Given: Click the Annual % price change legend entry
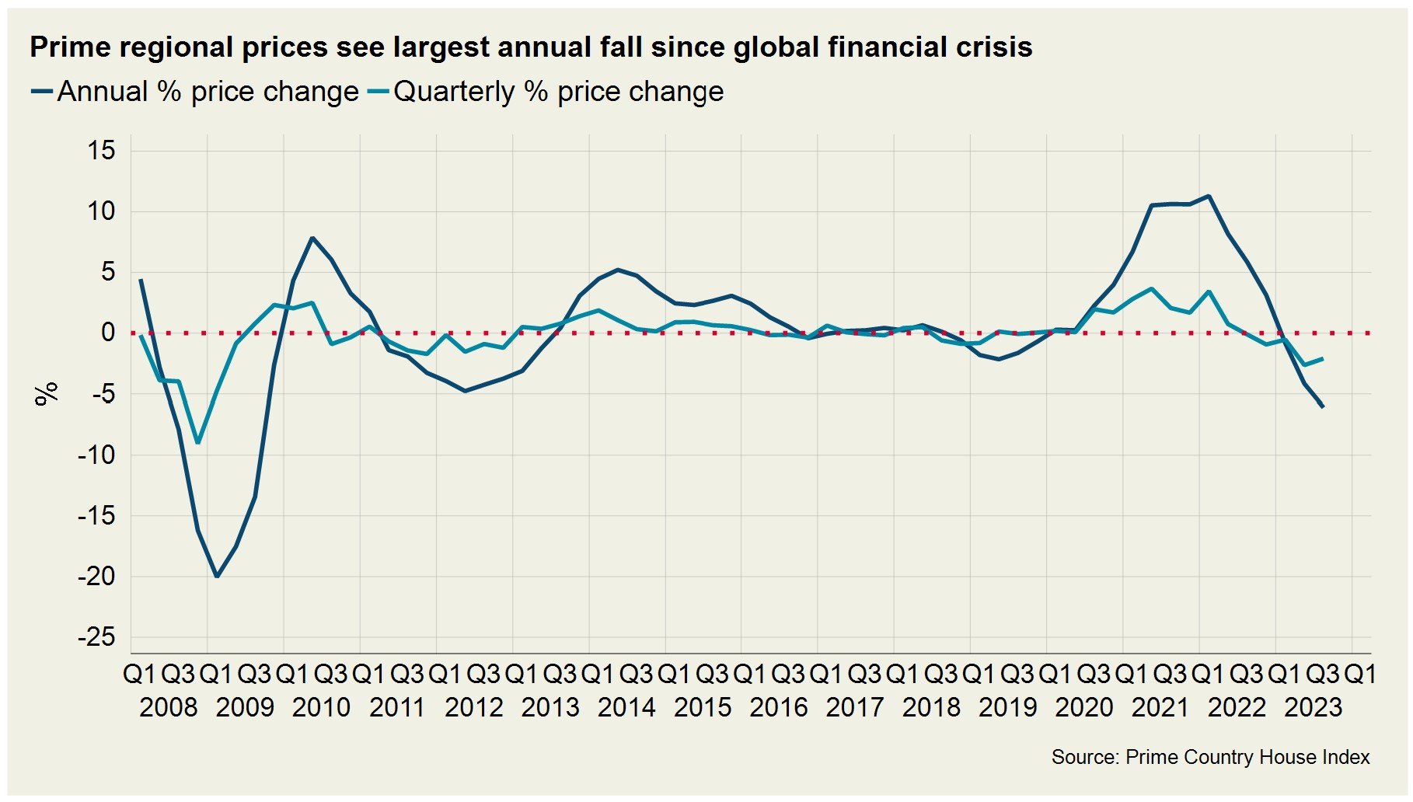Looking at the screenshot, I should point(194,92).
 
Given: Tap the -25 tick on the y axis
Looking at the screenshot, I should point(96,637).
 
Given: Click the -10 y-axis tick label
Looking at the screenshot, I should point(96,455).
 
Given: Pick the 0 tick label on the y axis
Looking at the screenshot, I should point(108,333).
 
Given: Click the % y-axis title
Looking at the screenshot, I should point(47,393).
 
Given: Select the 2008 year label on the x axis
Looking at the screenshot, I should point(169,707).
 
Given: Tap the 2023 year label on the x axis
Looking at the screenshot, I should point(1313,707).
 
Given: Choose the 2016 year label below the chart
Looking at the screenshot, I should point(779,707).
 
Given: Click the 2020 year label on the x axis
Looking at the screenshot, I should point(1084,707).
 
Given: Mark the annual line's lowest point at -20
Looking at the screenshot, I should point(217,576).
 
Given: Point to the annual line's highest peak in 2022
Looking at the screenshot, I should point(1209,196).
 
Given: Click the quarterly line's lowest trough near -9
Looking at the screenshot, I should point(198,442).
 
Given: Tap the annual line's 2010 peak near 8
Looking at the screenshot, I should point(312,238).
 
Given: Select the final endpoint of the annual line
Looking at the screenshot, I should point(1323,406).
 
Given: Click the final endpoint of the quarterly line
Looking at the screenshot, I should point(1323,358).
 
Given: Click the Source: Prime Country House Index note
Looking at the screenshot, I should point(1210,757).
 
